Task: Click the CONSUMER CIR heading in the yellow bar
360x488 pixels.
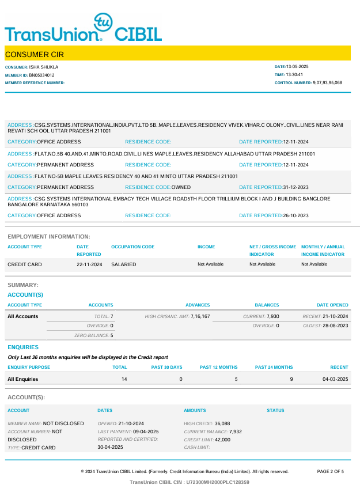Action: (35, 55)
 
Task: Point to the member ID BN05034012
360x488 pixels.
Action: (42, 75)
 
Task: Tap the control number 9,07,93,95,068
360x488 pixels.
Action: (328, 83)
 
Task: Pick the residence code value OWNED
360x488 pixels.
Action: (181, 187)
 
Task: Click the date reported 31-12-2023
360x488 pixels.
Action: (296, 187)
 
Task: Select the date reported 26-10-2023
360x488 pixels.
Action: (296, 215)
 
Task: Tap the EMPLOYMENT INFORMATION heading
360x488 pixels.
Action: (49, 236)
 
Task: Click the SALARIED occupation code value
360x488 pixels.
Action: (124, 264)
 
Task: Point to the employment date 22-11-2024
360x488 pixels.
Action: (89, 264)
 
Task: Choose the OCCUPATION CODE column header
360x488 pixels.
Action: (133, 247)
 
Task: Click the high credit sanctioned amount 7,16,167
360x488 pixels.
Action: (200, 316)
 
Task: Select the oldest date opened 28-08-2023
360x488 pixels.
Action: (335, 326)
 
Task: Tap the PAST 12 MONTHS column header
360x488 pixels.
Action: (219, 367)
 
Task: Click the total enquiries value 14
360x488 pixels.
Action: (124, 379)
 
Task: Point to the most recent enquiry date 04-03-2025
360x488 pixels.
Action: (335, 379)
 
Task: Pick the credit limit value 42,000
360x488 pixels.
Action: (222, 440)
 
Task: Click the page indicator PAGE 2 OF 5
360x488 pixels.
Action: (331, 471)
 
